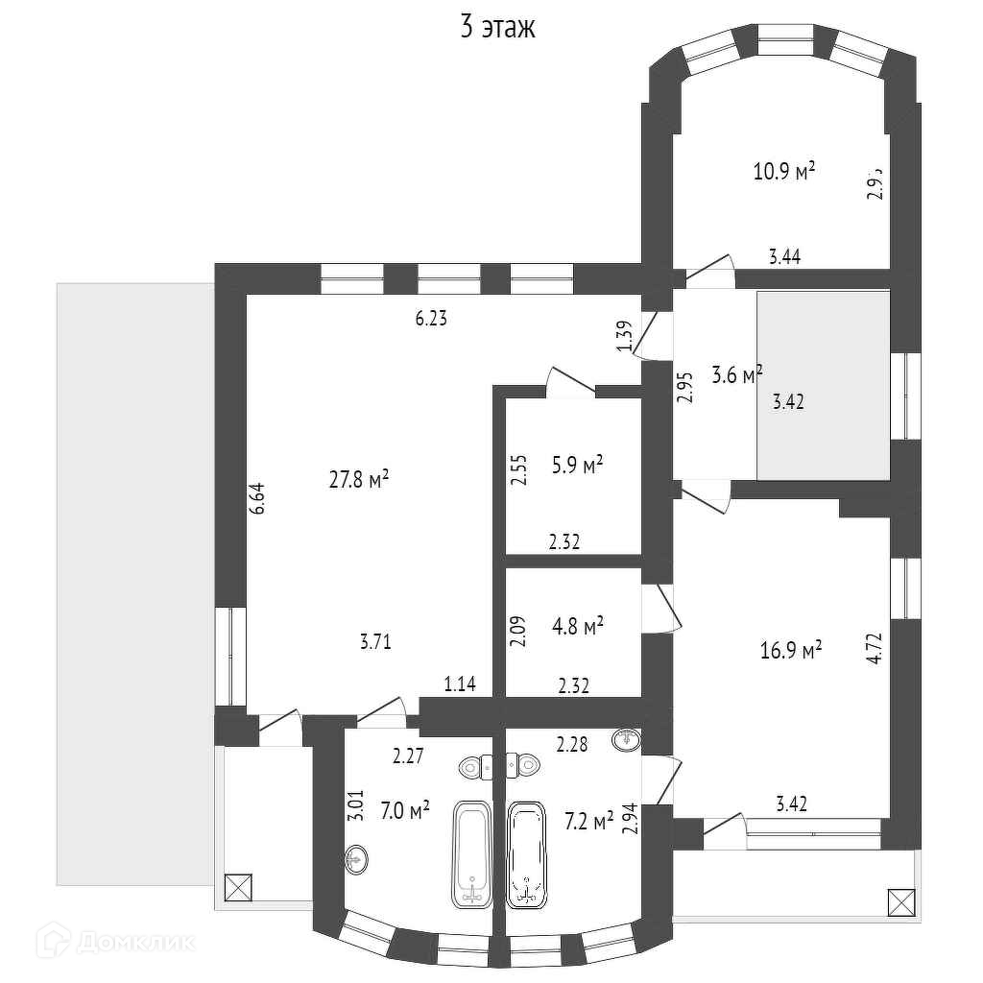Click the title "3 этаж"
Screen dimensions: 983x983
pos(497,27)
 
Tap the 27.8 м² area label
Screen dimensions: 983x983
pos(358,479)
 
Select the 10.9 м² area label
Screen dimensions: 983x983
pos(783,172)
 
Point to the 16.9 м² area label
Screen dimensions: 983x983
pos(791,652)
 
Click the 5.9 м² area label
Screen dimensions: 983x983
pos(577,466)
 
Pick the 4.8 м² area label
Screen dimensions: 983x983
pos(577,627)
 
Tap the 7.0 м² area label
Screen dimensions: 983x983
pos(404,810)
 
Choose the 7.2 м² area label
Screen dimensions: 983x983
pos(588,821)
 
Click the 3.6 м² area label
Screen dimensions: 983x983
pos(736,373)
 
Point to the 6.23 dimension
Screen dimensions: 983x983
pos(431,320)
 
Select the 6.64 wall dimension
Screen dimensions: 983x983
pos(256,499)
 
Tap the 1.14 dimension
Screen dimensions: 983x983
pos(461,684)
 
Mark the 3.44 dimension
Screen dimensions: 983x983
pos(785,256)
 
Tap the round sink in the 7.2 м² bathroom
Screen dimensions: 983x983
pos(626,739)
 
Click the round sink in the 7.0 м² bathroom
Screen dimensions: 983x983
pos(356,857)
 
